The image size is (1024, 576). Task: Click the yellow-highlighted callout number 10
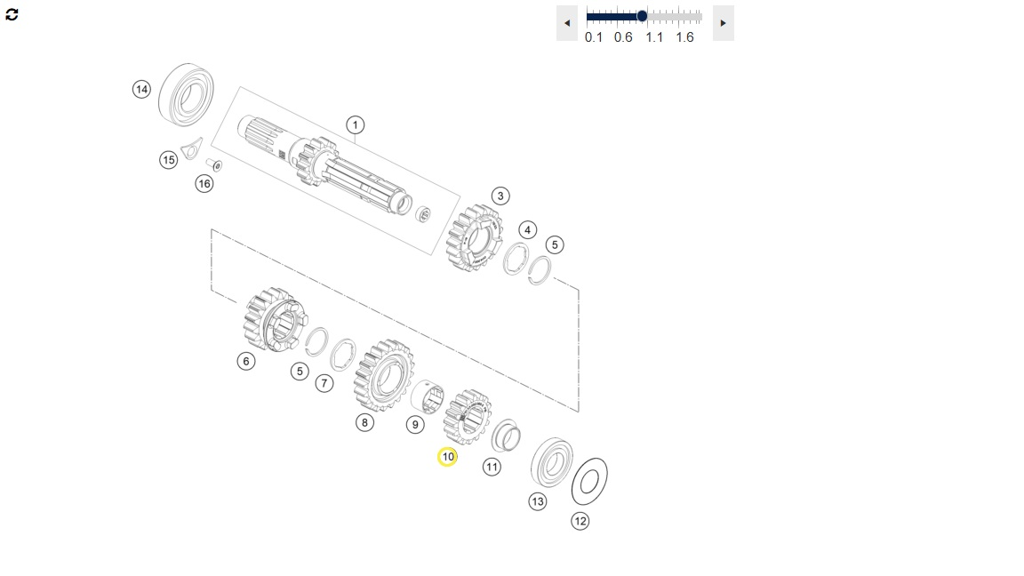[x=447, y=457]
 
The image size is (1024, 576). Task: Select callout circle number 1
[x=355, y=124]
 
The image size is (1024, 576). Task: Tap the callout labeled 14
[x=141, y=89]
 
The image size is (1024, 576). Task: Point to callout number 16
[x=204, y=183]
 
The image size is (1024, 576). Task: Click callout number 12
[x=580, y=521]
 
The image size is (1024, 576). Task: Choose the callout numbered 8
[x=364, y=422]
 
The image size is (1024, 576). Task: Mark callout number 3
[x=500, y=196]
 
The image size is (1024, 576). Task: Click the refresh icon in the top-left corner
[x=12, y=15]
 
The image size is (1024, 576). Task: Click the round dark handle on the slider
[x=642, y=16]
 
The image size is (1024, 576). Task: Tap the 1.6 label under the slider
[x=684, y=37]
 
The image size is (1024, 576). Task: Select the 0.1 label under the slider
[x=594, y=37]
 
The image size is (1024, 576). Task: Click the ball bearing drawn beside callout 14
[x=187, y=95]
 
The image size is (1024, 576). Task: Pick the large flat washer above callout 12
[x=589, y=481]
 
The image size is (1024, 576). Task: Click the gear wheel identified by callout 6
[x=273, y=319]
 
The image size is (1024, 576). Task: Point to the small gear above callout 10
[x=468, y=417]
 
